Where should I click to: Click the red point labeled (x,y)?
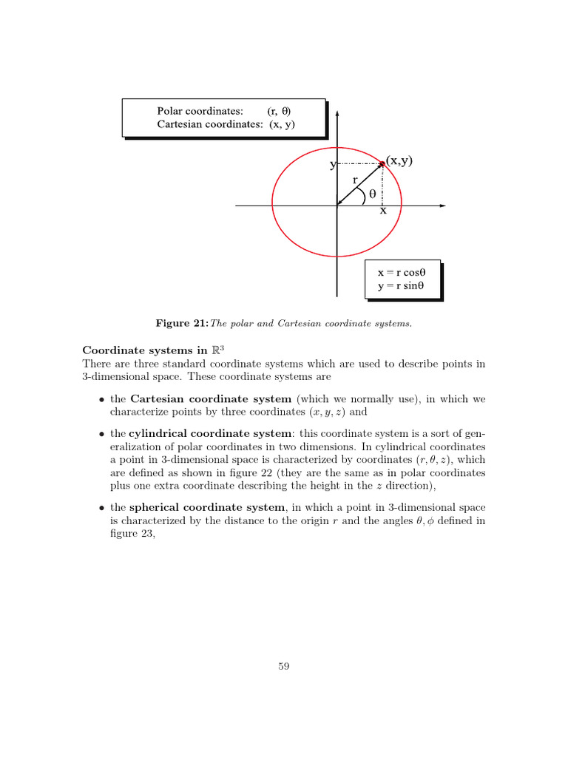coord(382,163)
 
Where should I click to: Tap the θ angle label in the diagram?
coord(372,194)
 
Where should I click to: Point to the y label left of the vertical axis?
coord(333,165)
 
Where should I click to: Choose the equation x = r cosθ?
coord(403,272)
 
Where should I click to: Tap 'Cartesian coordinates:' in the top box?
coord(210,124)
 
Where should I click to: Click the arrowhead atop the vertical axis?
coord(337,115)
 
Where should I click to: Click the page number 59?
coord(283,667)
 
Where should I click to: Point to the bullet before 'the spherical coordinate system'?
coord(101,508)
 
